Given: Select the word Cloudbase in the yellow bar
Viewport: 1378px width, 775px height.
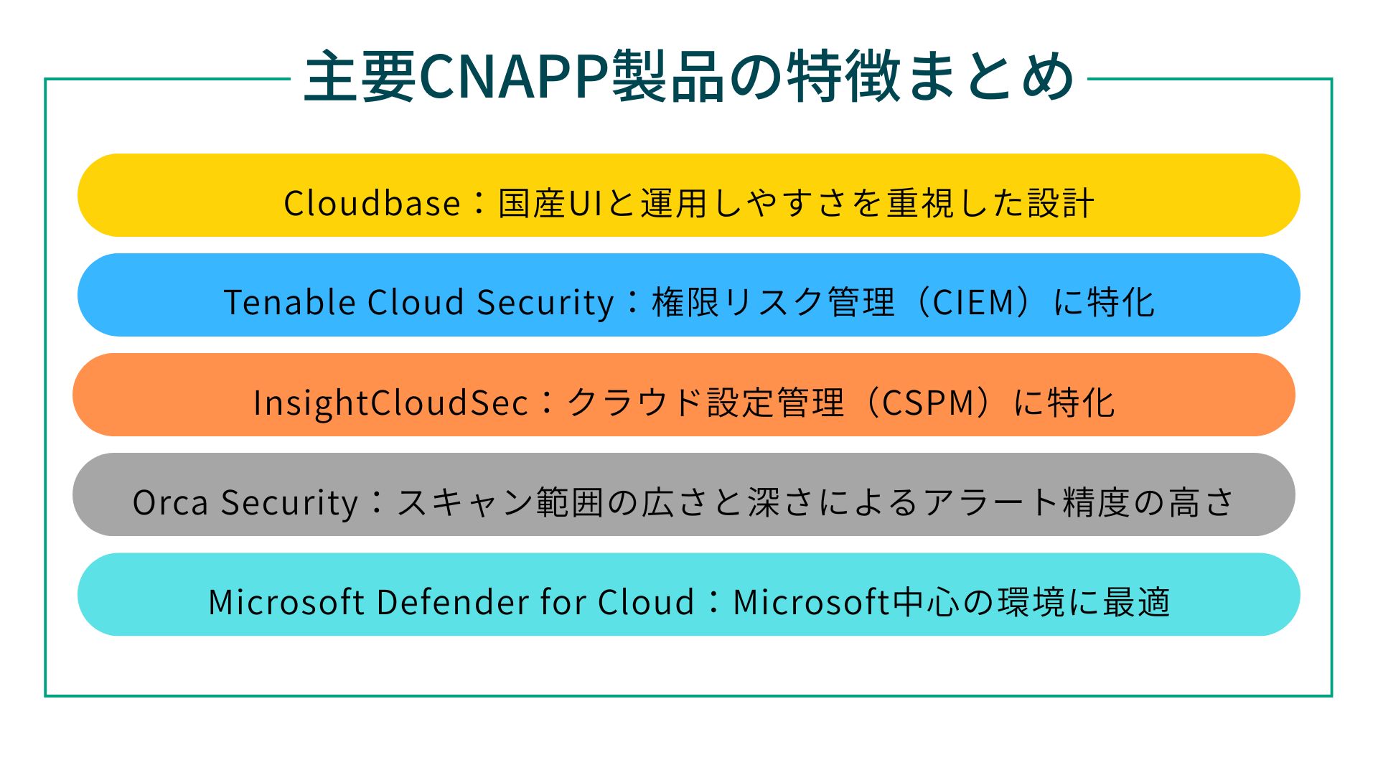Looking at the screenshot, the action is (372, 202).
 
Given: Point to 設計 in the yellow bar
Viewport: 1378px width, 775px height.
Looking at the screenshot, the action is (1061, 202).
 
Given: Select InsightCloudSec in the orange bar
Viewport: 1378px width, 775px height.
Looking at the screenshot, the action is (390, 402).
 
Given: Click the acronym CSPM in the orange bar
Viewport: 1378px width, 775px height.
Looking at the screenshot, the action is (927, 402).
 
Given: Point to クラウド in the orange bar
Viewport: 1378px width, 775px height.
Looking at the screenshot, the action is (634, 402).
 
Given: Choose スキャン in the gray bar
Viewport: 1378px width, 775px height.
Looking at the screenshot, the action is (466, 502).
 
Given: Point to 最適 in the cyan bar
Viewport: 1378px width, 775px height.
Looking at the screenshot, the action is (1137, 601).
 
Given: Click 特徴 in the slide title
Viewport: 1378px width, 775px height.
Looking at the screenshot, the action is (844, 76).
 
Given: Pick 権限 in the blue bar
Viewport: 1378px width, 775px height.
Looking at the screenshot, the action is (685, 301).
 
